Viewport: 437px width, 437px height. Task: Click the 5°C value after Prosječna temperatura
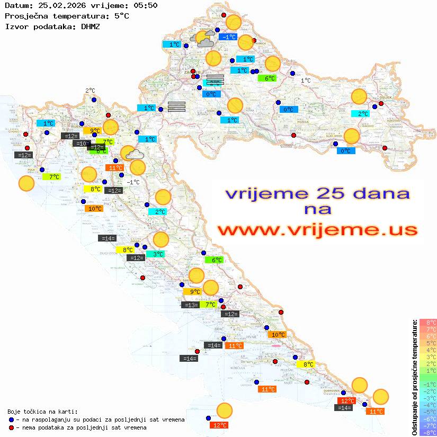pyautogui.click(x=121, y=16)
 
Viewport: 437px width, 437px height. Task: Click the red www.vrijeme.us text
pyautogui.click(x=317, y=230)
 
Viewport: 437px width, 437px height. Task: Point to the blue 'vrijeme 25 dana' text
pyautogui.click(x=317, y=193)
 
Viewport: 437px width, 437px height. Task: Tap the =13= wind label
pyautogui.click(x=190, y=305)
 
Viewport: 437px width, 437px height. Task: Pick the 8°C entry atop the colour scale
pyautogui.click(x=427, y=323)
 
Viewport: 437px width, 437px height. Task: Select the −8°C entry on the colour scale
pyautogui.click(x=427, y=433)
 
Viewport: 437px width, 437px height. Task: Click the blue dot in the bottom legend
pyautogui.click(x=12, y=420)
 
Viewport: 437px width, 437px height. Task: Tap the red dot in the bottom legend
pyautogui.click(x=12, y=427)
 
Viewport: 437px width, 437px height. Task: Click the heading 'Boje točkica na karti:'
pyautogui.click(x=42, y=412)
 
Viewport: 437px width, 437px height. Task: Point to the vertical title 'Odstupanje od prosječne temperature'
pyautogui.click(x=414, y=377)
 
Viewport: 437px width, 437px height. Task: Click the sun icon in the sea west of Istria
pyautogui.click(x=26, y=184)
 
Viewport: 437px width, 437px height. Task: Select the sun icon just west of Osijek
pyautogui.click(x=359, y=97)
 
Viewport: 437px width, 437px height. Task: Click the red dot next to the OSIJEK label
pyautogui.click(x=381, y=104)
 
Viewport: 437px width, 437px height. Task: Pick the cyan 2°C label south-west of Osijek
pyautogui.click(x=360, y=113)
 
